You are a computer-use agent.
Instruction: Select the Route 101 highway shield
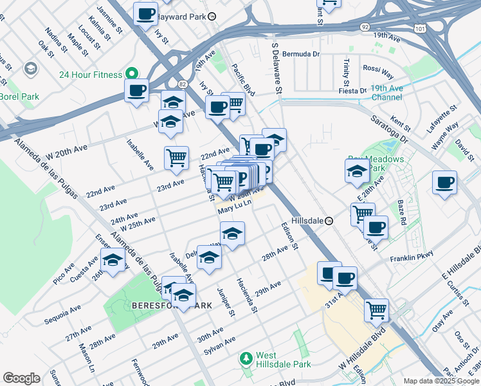point(420,29)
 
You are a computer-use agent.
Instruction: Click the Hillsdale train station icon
point(329,221)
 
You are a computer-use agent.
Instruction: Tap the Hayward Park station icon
point(212,15)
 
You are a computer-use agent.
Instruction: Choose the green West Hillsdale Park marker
point(245,357)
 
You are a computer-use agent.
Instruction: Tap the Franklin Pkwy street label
point(411,259)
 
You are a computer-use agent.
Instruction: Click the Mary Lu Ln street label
point(233,210)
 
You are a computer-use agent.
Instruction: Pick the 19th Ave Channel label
point(386,93)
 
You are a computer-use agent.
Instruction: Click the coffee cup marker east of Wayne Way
point(444,183)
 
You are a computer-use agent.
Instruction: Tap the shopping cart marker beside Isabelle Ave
point(176,158)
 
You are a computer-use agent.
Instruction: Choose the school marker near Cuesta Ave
point(113,261)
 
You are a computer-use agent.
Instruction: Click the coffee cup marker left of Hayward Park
point(145,13)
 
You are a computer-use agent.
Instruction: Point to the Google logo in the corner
point(21,378)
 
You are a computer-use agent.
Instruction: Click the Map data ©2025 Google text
point(441,381)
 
